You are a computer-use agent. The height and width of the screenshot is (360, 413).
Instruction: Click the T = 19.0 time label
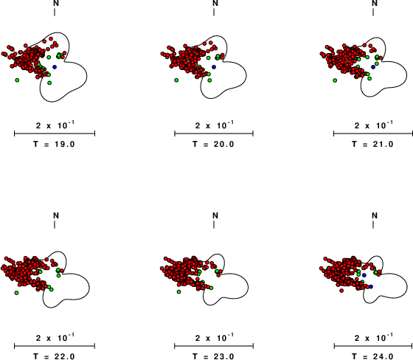point(55,144)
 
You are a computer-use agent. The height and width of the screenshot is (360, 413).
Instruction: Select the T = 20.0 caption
point(213,144)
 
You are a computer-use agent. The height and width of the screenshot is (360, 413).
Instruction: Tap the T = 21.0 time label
point(372,144)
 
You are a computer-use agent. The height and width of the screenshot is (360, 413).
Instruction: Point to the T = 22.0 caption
point(55,356)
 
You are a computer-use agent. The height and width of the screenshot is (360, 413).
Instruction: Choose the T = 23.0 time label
point(213,356)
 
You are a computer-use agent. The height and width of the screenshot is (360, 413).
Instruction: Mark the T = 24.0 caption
point(372,356)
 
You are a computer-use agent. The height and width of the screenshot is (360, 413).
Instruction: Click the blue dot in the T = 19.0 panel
point(55,67)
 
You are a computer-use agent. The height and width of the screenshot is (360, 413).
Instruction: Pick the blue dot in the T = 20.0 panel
point(214,67)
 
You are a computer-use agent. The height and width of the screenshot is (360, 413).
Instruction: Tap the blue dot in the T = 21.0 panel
point(373,67)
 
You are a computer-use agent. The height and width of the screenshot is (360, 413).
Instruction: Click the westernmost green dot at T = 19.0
point(17,80)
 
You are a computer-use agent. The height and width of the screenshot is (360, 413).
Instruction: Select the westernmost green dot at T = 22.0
point(16,293)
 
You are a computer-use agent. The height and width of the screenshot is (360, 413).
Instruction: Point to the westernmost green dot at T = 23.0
point(178,291)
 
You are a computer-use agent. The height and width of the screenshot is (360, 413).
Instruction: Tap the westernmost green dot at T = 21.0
point(335,80)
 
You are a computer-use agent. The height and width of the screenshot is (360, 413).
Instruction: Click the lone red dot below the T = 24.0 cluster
point(341,291)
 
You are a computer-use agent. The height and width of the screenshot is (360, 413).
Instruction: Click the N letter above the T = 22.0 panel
point(56,215)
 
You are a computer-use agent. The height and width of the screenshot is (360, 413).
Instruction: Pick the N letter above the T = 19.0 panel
point(56,3)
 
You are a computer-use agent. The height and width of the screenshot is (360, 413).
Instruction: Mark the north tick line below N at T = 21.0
point(373,12)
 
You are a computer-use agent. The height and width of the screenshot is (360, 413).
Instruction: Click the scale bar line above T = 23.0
point(214,346)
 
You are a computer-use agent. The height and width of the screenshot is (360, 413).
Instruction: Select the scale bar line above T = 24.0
point(373,346)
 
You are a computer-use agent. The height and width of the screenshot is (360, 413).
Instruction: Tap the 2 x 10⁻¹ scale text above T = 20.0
point(215,125)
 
